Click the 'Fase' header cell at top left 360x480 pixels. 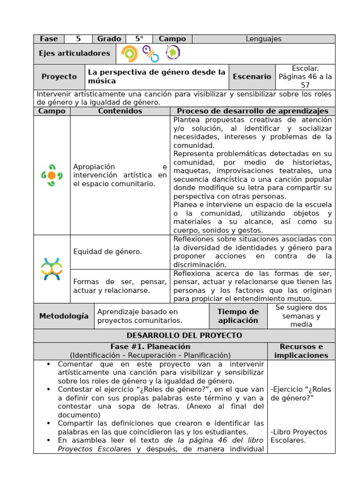pyautogui.click(x=49, y=39)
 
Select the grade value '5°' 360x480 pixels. pyautogui.click(x=139, y=39)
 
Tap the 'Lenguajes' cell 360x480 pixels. pyautogui.click(x=263, y=39)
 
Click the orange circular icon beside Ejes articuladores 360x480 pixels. pyautogui.click(x=129, y=54)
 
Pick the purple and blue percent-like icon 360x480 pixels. pyautogui.click(x=150, y=54)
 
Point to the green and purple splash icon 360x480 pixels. pyautogui.click(x=172, y=53)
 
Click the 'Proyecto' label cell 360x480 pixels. pyautogui.click(x=59, y=77)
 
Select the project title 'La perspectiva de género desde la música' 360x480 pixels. pyautogui.click(x=157, y=77)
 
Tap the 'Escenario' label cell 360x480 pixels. pyautogui.click(x=252, y=77)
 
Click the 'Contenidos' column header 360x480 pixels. pyautogui.click(x=120, y=111)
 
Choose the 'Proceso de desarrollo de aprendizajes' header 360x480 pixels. pyautogui.click(x=252, y=111)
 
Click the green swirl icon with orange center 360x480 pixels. pyautogui.click(x=52, y=175)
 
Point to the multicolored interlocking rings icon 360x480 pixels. pyautogui.click(x=52, y=269)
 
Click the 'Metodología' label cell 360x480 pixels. pyautogui.click(x=64, y=316)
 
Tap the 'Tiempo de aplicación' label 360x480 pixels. pyautogui.click(x=238, y=316)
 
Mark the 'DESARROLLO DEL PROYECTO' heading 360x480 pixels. pyautogui.click(x=184, y=336)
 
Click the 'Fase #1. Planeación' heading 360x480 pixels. pyautogui.click(x=150, y=347)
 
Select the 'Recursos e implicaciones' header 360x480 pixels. pyautogui.click(x=301, y=351)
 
